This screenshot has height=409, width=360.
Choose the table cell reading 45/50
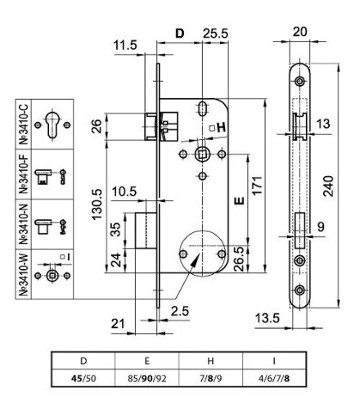click(x=79, y=379)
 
